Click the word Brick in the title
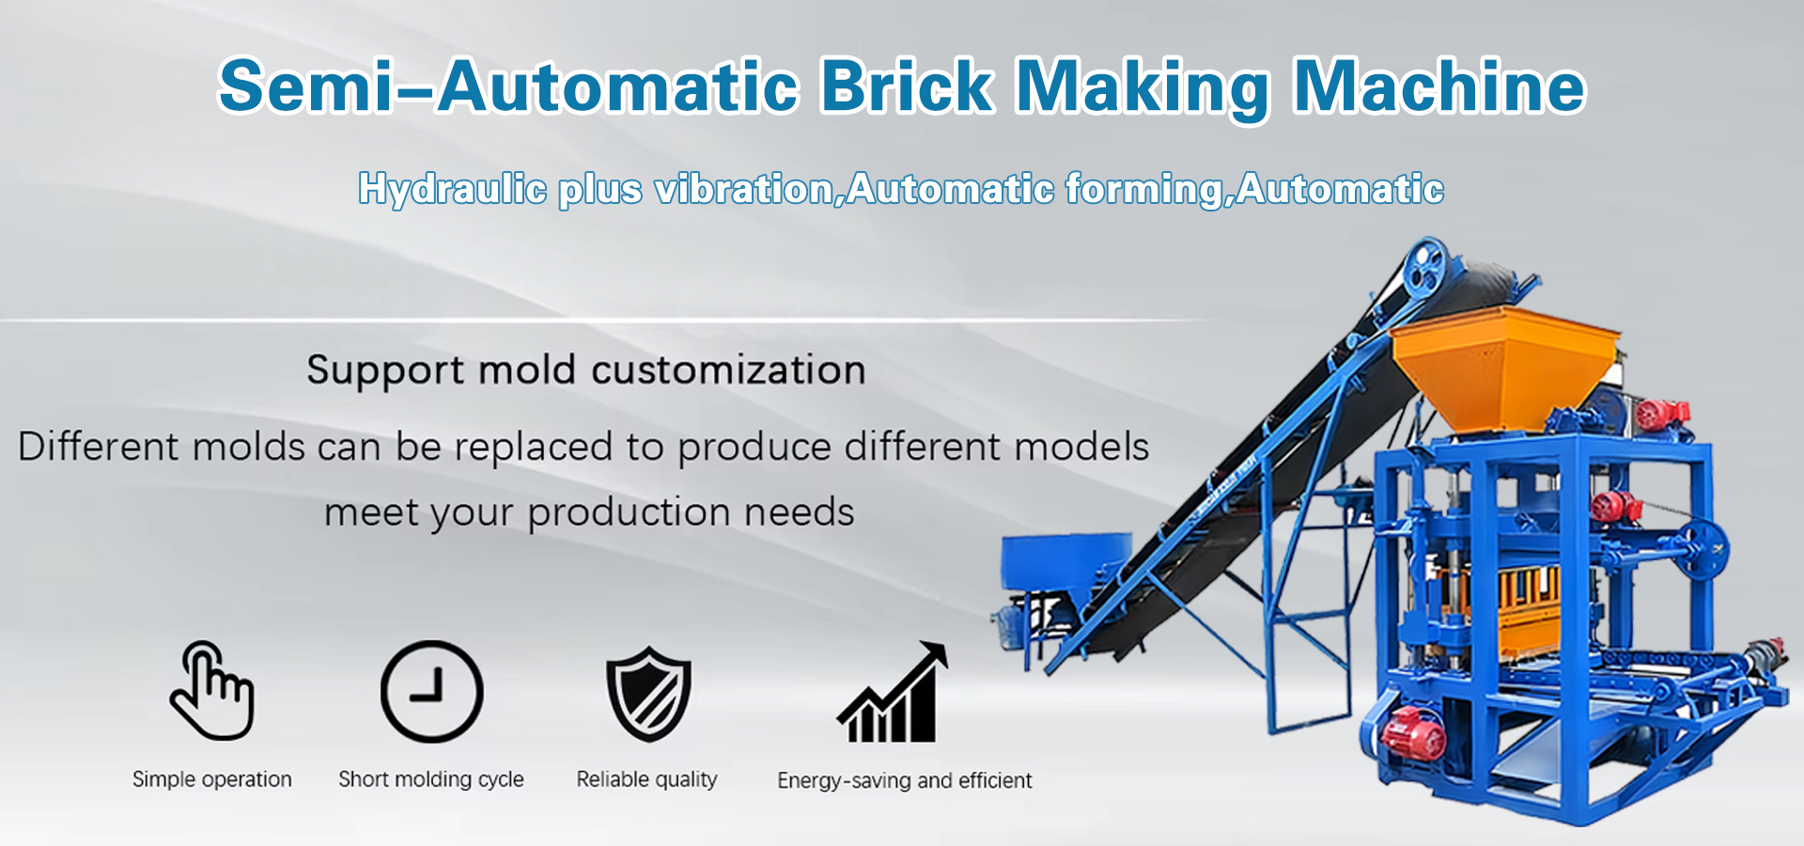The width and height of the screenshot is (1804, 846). (x=907, y=86)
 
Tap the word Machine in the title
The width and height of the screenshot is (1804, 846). (x=1439, y=86)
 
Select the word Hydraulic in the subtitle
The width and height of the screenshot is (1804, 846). (x=453, y=190)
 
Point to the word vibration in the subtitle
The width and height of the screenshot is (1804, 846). (x=744, y=190)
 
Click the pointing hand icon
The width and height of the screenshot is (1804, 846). (x=212, y=691)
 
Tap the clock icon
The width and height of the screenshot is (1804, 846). (x=432, y=692)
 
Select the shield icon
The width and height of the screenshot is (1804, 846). (x=648, y=694)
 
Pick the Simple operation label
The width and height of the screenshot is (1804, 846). (x=212, y=779)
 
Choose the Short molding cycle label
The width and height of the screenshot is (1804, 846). (x=431, y=779)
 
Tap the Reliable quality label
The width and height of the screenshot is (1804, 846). (x=647, y=779)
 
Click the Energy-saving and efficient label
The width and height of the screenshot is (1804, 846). (x=905, y=780)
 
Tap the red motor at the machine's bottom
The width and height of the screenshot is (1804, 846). (x=1413, y=732)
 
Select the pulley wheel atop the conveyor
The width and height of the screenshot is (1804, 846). (x=1426, y=263)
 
